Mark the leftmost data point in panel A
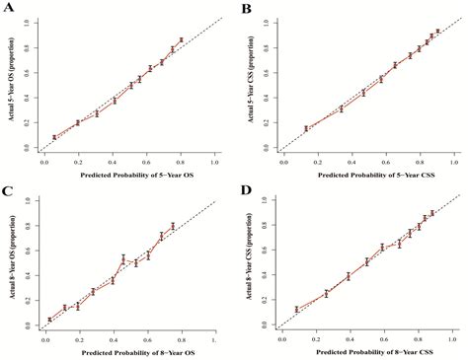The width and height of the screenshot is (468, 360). point(54,138)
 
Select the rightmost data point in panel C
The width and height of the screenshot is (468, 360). point(173,226)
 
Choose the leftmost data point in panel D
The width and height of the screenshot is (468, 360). point(296,310)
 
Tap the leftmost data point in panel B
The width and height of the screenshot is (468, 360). point(306,128)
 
